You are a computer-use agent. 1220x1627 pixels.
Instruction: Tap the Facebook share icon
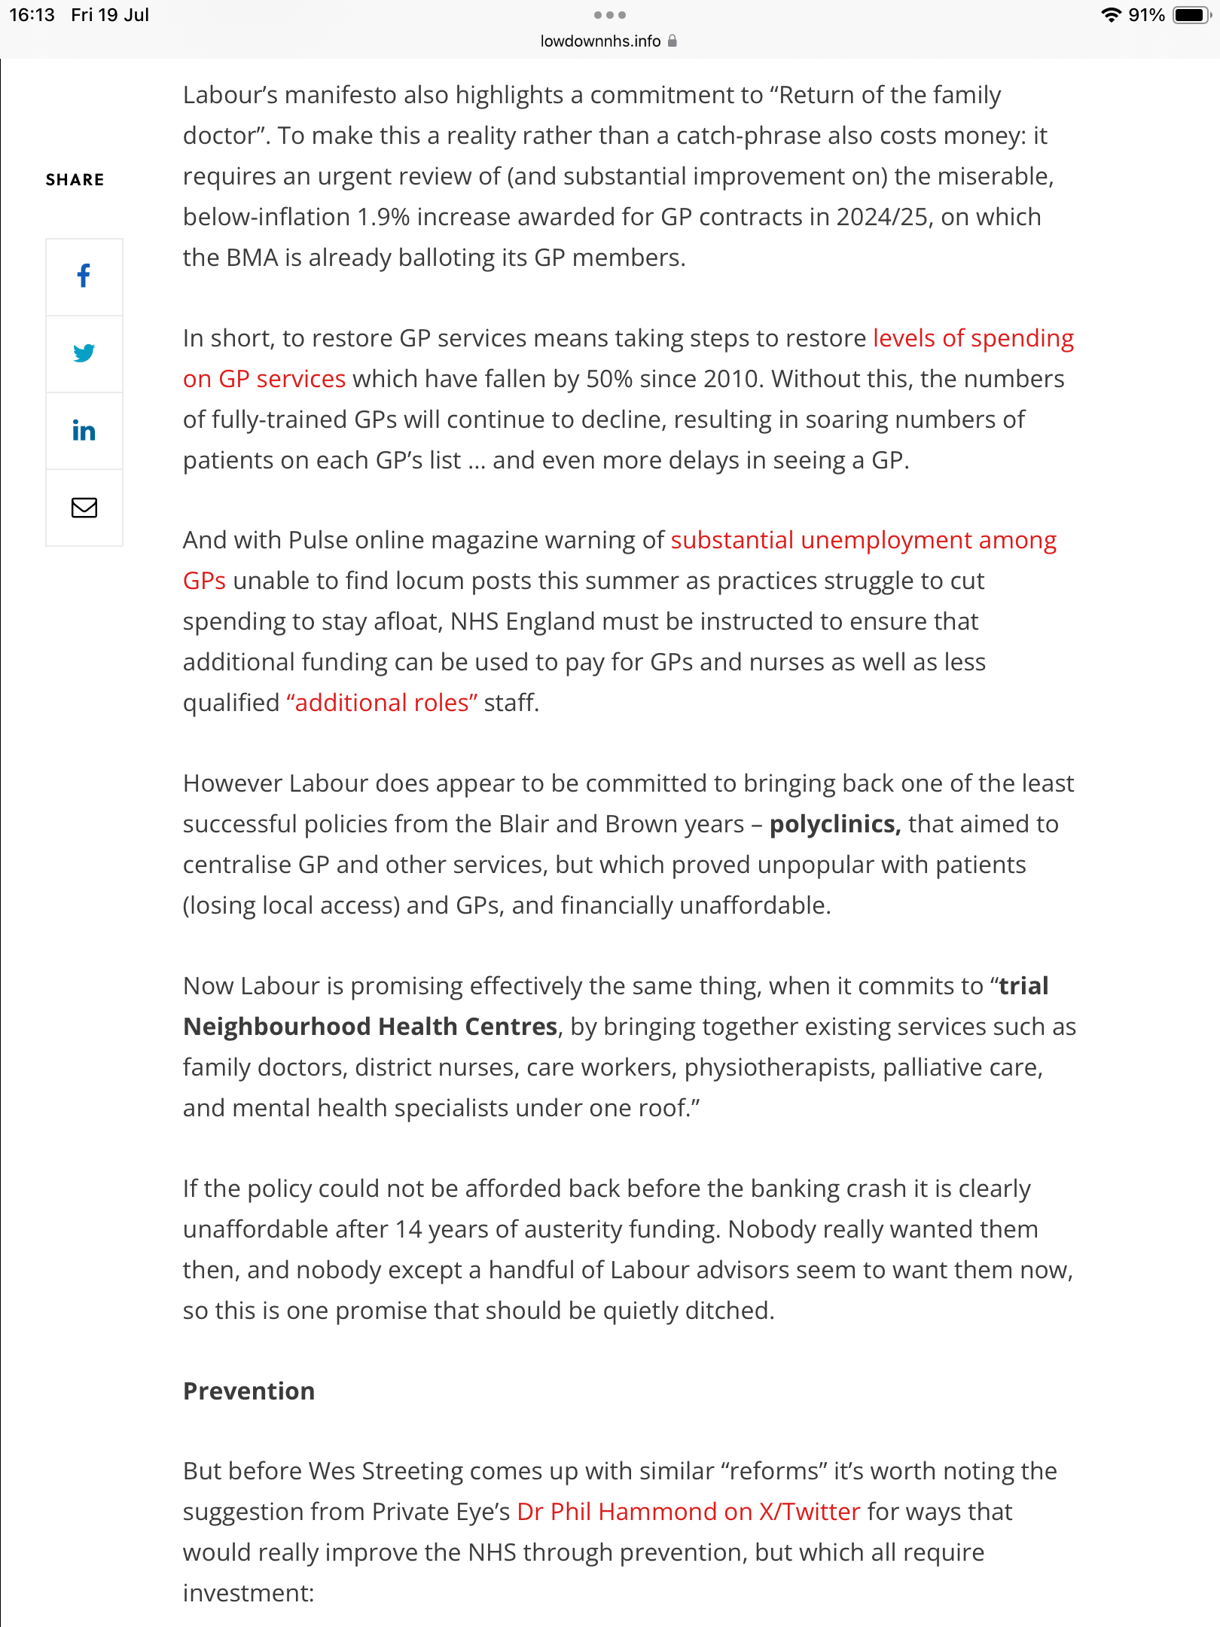tap(84, 276)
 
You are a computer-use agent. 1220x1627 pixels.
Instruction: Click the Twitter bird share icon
tap(84, 353)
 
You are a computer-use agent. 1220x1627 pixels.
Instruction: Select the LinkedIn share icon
tap(84, 431)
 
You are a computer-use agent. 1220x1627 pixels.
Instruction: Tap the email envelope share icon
tap(84, 508)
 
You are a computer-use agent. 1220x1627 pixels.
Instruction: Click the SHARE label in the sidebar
tap(75, 179)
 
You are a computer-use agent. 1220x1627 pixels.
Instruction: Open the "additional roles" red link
tap(382, 703)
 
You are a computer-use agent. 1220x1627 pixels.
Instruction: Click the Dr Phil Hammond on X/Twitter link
tap(688, 1512)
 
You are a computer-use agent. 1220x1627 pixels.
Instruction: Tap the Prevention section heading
tap(249, 1390)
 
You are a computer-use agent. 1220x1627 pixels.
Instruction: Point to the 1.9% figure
tap(383, 217)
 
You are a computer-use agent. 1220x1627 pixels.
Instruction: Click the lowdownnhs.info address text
tap(600, 41)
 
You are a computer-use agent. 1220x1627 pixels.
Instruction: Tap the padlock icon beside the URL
tap(673, 41)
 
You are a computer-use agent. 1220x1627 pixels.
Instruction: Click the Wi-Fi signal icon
tap(1111, 15)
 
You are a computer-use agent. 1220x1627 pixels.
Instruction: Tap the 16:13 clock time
tap(32, 15)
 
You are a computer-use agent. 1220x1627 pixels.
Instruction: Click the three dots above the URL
tap(609, 15)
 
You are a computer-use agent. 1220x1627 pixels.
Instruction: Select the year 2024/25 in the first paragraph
tap(882, 217)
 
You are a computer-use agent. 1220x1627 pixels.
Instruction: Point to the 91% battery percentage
tap(1146, 15)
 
